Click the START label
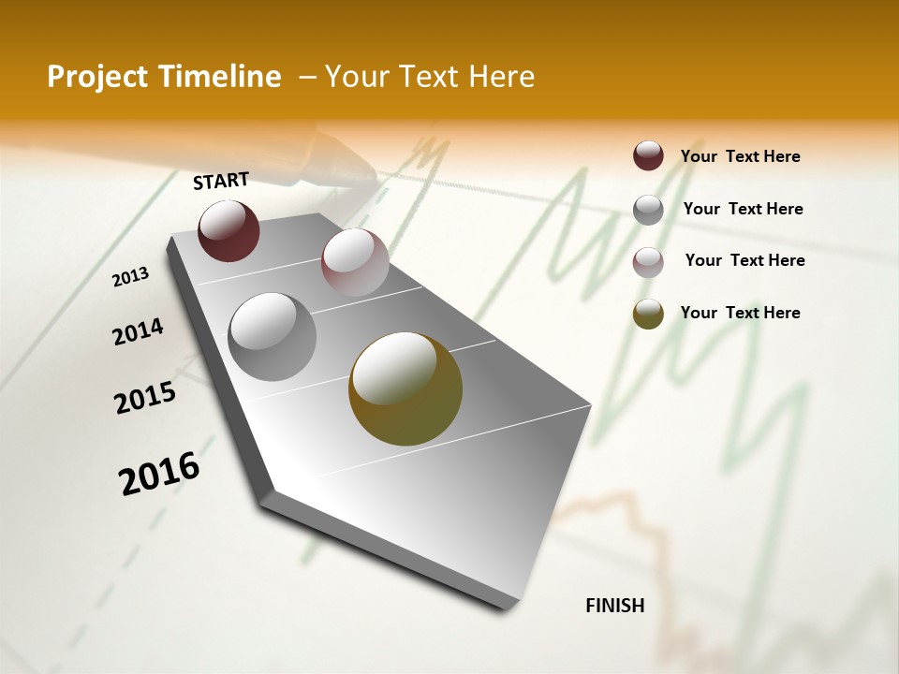(x=221, y=181)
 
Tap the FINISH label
(x=614, y=606)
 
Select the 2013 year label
(x=131, y=277)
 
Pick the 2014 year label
(x=138, y=331)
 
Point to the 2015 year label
(x=145, y=398)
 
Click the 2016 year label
(x=159, y=473)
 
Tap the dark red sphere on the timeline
(x=228, y=231)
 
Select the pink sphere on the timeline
(x=355, y=262)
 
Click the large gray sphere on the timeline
(x=272, y=337)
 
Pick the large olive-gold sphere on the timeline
(x=405, y=388)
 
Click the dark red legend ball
(x=648, y=156)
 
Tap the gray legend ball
(x=648, y=210)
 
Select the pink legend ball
(x=648, y=262)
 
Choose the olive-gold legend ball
(x=648, y=314)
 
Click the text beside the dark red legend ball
(x=740, y=157)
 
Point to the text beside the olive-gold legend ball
(x=740, y=313)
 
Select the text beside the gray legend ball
(x=743, y=209)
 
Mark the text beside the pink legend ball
(x=744, y=260)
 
